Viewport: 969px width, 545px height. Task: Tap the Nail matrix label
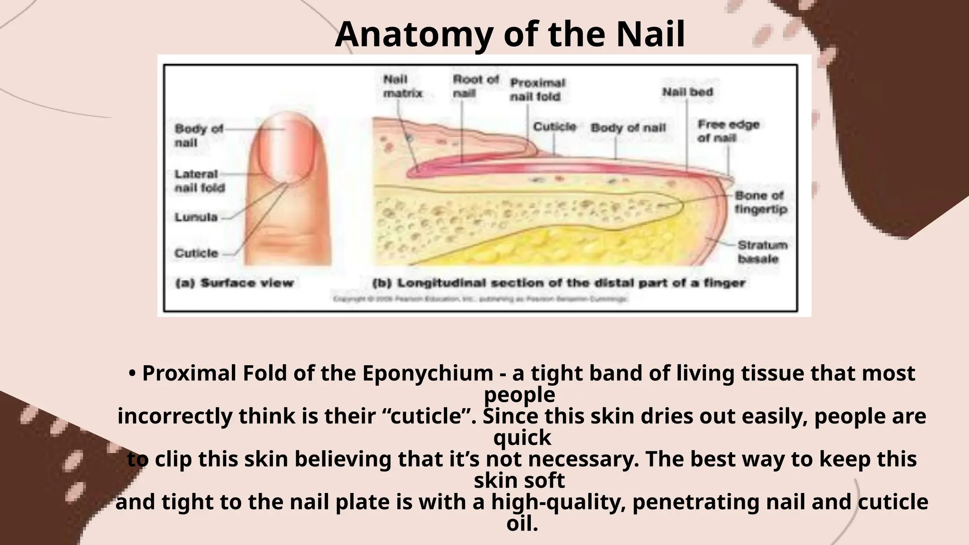tap(402, 86)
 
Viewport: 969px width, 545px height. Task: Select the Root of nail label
tap(475, 86)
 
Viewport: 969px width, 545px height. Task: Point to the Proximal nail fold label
tap(537, 89)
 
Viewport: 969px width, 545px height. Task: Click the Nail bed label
tap(687, 92)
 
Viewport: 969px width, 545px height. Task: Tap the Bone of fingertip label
tap(760, 202)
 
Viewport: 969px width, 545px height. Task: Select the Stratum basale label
tap(762, 252)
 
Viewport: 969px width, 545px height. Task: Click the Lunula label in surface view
tap(196, 217)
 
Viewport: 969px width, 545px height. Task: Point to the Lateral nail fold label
tap(199, 181)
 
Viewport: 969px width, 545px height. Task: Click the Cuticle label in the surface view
tap(196, 253)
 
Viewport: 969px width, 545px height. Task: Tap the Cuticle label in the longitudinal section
tap(554, 127)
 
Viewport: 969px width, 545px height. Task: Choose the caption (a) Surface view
tap(234, 283)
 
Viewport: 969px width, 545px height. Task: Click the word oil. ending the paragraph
tap(522, 523)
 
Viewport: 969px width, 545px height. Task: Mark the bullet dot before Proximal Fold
tap(133, 374)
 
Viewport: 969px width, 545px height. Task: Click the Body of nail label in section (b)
tap(628, 128)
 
